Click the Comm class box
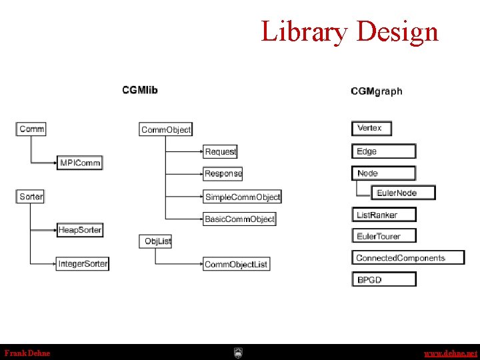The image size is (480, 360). click(x=31, y=129)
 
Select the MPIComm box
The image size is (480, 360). click(x=80, y=163)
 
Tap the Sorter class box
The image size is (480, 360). click(x=31, y=197)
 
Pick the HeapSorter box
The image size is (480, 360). click(x=80, y=230)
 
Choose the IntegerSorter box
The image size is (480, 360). click(x=83, y=263)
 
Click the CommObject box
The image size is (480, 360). click(x=165, y=130)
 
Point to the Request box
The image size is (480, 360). click(x=220, y=152)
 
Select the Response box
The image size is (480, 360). click(x=223, y=173)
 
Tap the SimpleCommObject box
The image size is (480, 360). click(x=242, y=197)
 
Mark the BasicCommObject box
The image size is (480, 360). click(x=239, y=219)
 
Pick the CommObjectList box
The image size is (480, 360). click(x=236, y=264)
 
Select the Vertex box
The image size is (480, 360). click(x=371, y=128)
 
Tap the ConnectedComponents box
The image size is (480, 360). click(x=407, y=257)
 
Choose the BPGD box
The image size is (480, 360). click(x=383, y=279)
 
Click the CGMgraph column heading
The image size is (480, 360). click(x=377, y=91)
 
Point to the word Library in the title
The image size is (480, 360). click(x=304, y=31)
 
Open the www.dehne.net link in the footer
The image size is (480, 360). click(x=451, y=353)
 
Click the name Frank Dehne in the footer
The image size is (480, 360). click(x=27, y=353)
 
